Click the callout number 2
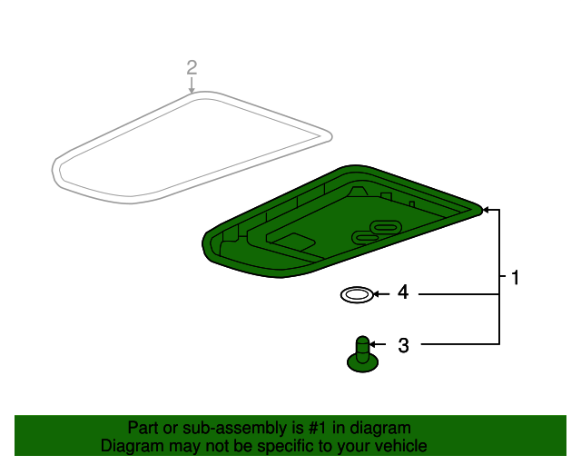coord(192,66)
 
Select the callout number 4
coord(402,293)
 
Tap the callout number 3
coord(403,345)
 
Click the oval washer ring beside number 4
coord(356,294)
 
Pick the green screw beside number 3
coord(362,354)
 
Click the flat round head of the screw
coord(362,363)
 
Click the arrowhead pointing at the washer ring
coord(378,293)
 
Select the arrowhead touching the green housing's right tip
coord(486,210)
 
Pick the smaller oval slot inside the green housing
coord(364,238)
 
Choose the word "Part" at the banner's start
coord(143,428)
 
